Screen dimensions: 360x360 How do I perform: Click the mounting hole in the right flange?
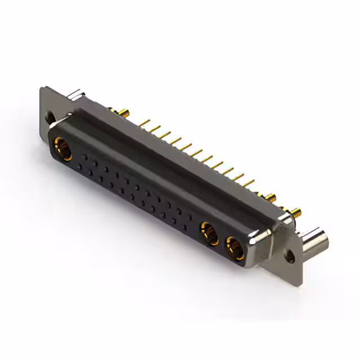tap(290, 255)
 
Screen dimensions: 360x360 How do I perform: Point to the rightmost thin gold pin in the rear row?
tap(249, 182)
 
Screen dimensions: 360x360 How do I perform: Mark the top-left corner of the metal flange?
tap(43, 88)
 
